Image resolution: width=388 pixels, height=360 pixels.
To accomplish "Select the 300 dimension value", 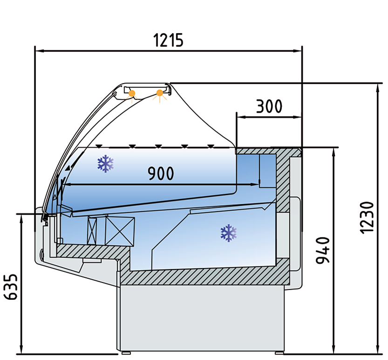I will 269,106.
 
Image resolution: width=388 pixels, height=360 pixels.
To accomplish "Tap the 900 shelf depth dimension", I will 161,173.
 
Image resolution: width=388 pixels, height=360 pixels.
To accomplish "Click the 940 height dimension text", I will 323,250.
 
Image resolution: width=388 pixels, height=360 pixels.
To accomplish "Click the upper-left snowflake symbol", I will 106,164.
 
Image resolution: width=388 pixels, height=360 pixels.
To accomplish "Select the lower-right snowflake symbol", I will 228,232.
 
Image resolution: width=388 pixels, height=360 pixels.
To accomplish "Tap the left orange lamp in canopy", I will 132,93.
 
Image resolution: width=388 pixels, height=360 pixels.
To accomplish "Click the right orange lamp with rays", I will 160,93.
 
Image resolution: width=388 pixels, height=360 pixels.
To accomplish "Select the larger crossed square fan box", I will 120,230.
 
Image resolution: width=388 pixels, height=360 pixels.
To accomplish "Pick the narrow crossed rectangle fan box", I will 94,230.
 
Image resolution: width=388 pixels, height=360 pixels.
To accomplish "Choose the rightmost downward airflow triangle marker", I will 212,146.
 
